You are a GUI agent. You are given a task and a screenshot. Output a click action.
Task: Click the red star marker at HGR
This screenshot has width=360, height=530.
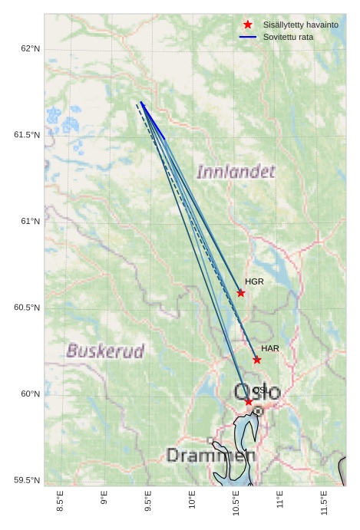pos(241,293)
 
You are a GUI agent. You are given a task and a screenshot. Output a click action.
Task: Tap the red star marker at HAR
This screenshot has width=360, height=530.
pos(257,360)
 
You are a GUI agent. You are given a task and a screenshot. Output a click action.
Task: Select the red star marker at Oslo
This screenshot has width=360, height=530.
pos(249,402)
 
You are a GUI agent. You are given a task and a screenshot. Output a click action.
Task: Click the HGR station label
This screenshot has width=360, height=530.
pos(254,281)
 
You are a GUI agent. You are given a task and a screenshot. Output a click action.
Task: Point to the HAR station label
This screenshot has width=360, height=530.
pos(270,348)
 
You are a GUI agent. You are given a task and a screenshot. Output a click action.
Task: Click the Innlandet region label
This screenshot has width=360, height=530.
pos(236,172)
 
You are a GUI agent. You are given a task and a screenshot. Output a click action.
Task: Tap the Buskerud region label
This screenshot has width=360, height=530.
pos(106,351)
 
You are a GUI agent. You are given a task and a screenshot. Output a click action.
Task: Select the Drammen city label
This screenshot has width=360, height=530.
pos(210,456)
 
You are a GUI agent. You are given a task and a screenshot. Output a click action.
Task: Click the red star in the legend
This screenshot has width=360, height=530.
pos(247,25)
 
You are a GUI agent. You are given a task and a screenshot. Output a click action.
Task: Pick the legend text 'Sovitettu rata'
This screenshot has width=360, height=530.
pos(288,37)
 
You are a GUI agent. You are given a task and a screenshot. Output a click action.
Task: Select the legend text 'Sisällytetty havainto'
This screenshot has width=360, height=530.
pos(300,25)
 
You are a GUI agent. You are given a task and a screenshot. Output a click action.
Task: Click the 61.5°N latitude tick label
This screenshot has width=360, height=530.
pos(28,135)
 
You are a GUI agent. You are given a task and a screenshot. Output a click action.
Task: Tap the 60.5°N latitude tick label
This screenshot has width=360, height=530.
pos(28,308)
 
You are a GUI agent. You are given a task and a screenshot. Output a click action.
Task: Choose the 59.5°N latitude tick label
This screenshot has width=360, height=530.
pos(28,480)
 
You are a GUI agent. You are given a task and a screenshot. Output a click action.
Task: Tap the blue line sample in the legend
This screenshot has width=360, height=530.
pos(247,37)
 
